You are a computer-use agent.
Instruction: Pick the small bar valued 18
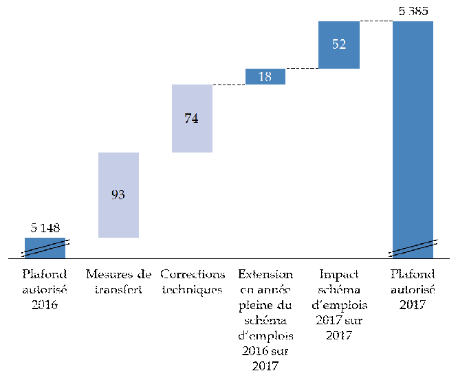point(265,76)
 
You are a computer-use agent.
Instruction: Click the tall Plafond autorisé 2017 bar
point(413,137)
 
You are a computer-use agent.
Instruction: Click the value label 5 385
point(413,11)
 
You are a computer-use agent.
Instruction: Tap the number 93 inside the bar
point(118,195)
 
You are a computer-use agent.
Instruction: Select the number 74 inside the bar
point(192,118)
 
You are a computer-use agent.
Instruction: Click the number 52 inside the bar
point(339,45)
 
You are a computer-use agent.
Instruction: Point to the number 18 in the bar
point(265,76)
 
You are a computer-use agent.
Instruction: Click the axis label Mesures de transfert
point(118,282)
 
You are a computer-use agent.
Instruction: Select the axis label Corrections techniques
point(192,282)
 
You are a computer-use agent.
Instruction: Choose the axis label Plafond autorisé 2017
point(413,289)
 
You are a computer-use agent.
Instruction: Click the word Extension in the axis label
point(265,274)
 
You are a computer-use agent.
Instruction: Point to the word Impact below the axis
point(339,274)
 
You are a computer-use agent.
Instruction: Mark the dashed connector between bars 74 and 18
point(229,85)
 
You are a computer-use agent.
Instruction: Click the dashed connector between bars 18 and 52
point(302,68)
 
